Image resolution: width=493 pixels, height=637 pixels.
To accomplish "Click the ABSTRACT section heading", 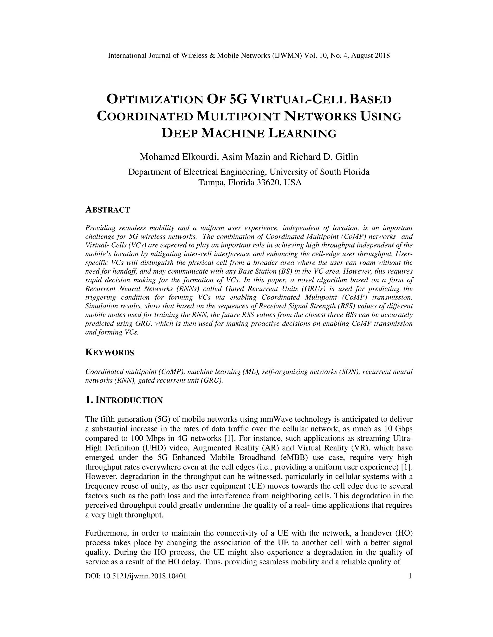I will tap(107, 210).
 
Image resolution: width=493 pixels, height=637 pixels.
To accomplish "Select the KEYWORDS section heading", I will tap(110, 353).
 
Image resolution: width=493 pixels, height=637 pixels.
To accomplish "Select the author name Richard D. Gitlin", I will tap(324, 157).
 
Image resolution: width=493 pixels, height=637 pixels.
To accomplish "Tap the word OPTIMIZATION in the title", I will tap(155, 100).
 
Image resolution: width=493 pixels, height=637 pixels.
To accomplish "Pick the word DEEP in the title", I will tap(180, 133).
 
